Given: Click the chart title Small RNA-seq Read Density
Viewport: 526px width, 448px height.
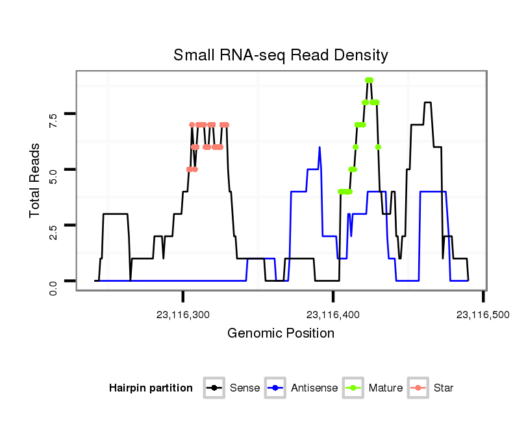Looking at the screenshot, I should [x=281, y=55].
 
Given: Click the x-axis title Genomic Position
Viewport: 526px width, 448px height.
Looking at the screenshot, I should [x=281, y=334].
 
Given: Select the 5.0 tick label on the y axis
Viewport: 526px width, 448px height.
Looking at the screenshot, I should [x=53, y=169].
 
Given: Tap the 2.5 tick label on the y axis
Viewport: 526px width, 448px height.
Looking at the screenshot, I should [x=53, y=225].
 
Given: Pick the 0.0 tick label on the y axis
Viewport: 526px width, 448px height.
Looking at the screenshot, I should [x=53, y=281].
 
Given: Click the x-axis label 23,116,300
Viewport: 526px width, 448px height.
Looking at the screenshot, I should [x=183, y=315].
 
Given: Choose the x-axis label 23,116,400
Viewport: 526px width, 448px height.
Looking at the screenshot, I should [x=333, y=315].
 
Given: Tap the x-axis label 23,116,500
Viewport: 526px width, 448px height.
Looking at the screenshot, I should [x=482, y=315].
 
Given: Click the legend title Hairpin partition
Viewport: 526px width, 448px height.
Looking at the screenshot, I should [x=151, y=388].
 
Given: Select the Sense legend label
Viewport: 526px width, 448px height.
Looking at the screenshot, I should [x=245, y=388].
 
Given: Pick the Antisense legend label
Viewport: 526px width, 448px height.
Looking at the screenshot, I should [x=314, y=388].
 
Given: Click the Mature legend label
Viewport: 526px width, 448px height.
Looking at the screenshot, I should [x=386, y=388].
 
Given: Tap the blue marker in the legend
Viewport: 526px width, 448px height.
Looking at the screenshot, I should [x=277, y=388].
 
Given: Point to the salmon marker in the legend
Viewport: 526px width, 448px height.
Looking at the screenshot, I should [x=419, y=388].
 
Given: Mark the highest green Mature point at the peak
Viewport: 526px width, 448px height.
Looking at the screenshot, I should [x=369, y=81].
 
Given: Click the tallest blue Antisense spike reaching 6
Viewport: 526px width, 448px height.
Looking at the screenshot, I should [x=320, y=148].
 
